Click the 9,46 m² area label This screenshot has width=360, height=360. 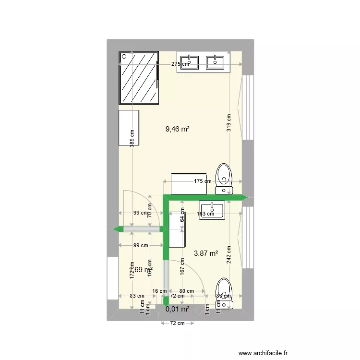click(x=177, y=129)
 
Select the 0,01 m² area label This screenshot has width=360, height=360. click(x=177, y=309)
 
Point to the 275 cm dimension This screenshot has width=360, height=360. click(x=180, y=64)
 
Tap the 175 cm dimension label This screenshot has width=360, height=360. click(x=202, y=181)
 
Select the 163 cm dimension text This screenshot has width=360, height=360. click(x=205, y=214)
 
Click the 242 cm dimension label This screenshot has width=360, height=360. click(x=229, y=255)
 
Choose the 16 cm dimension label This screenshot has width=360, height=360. click(x=159, y=291)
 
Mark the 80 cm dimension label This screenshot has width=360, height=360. click(x=186, y=291)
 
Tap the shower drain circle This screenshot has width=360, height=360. click(x=124, y=57)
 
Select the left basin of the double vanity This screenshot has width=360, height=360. click(x=191, y=60)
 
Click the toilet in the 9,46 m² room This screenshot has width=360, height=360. click(x=223, y=177)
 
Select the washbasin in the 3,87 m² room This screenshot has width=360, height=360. click(x=212, y=210)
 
